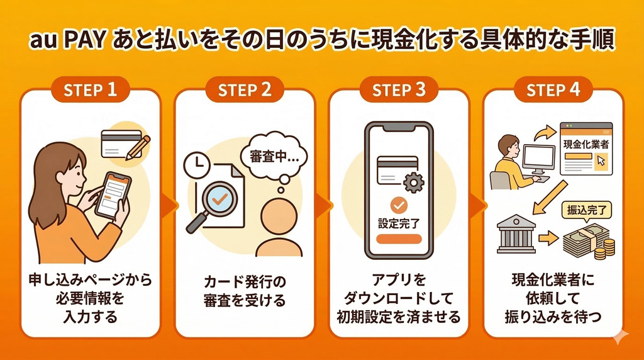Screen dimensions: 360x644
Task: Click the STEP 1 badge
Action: tap(91, 90)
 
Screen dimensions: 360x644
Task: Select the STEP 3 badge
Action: tap(399, 90)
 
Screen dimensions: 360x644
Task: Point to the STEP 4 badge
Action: tap(553, 90)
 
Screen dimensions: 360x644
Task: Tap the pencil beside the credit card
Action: tap(138, 147)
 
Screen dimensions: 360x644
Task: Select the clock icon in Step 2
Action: tap(197, 166)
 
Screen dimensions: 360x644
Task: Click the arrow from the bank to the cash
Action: tap(549, 239)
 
